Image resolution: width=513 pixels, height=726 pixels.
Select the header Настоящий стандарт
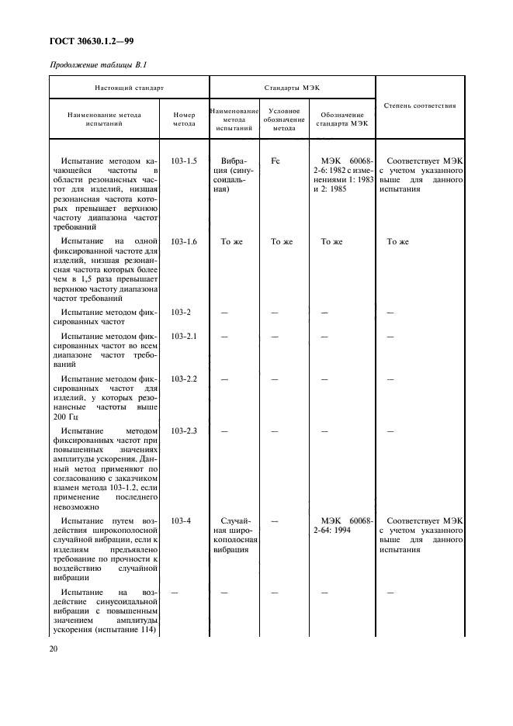click(130, 88)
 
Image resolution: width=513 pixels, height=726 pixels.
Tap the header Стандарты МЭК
click(292, 88)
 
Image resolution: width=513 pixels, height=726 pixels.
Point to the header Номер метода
click(184, 119)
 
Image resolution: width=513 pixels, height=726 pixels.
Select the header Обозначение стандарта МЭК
click(343, 119)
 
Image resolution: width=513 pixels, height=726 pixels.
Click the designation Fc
click(275, 161)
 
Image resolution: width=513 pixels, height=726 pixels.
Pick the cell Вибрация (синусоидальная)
click(233, 175)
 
